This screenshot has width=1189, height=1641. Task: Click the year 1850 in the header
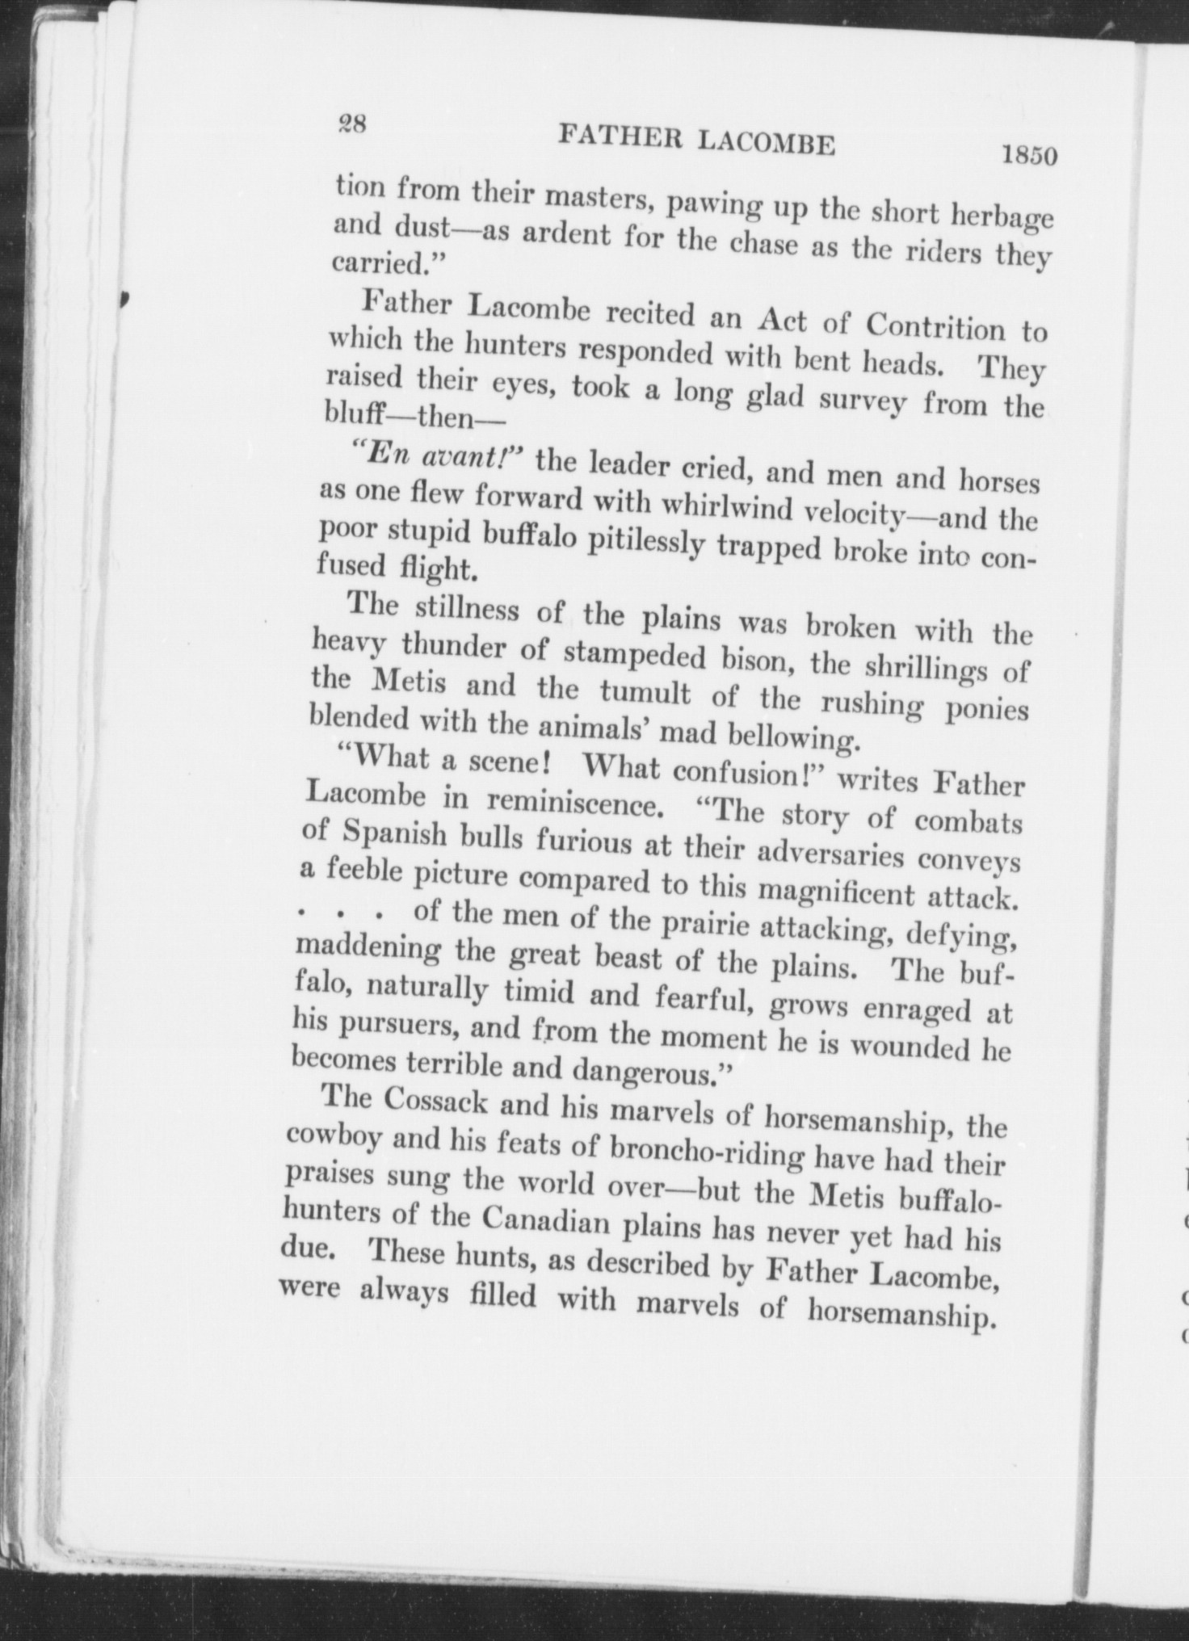(x=1028, y=153)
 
